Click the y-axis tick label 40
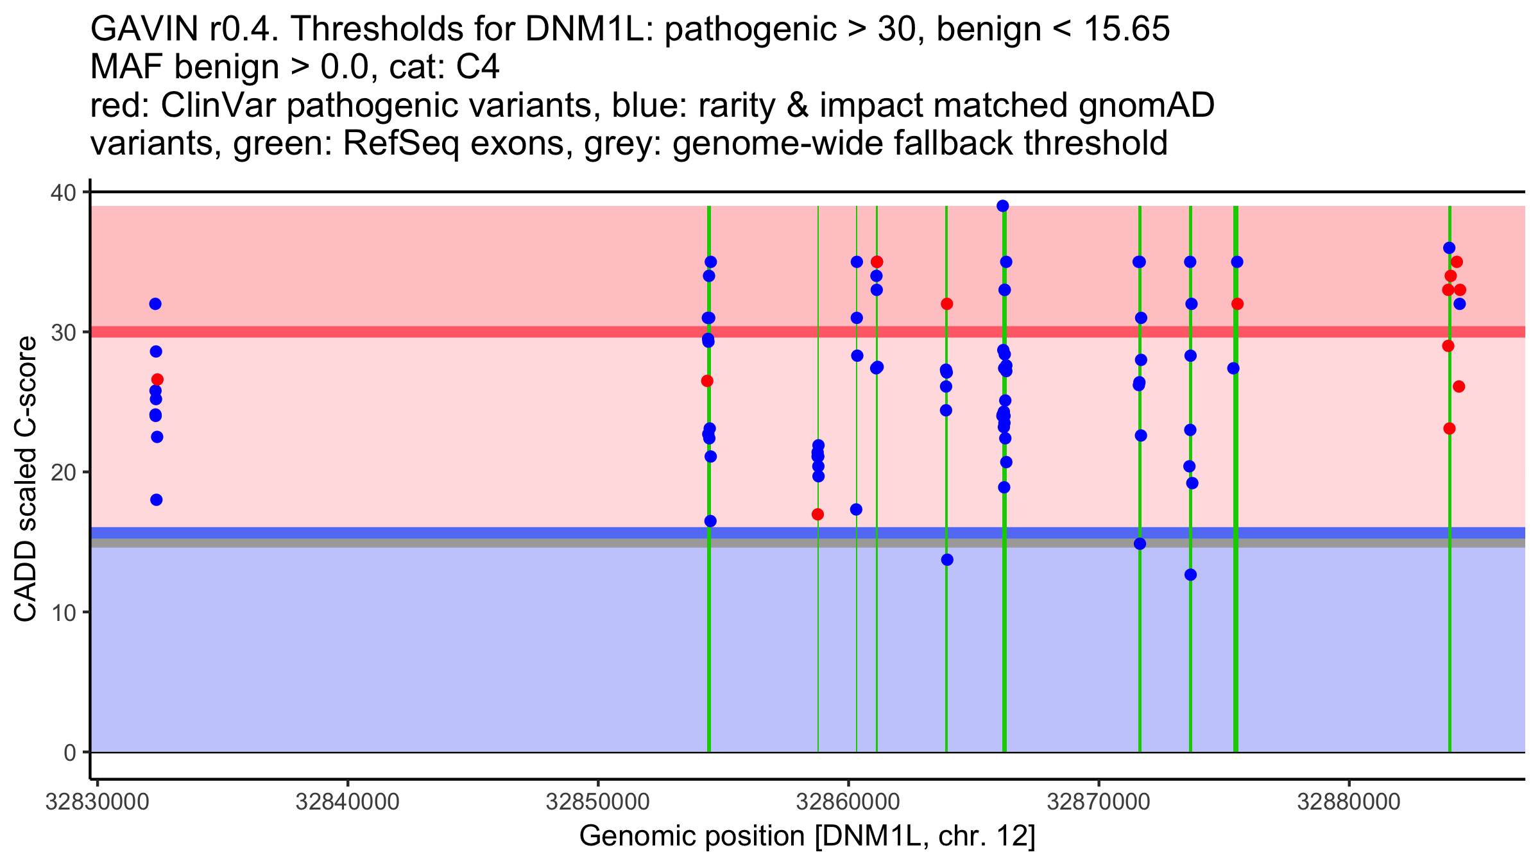click(x=62, y=192)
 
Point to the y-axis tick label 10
click(x=62, y=612)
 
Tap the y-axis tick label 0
click(x=69, y=752)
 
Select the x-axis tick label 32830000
click(x=97, y=802)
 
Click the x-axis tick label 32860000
click(x=848, y=802)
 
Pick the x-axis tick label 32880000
click(x=1349, y=802)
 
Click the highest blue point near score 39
click(x=1003, y=206)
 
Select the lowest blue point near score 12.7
click(x=1190, y=575)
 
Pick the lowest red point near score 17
click(x=817, y=514)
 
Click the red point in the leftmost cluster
click(x=157, y=380)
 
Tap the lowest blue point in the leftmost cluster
click(x=157, y=500)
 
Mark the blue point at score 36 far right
click(x=1449, y=248)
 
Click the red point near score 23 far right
click(x=1450, y=429)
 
